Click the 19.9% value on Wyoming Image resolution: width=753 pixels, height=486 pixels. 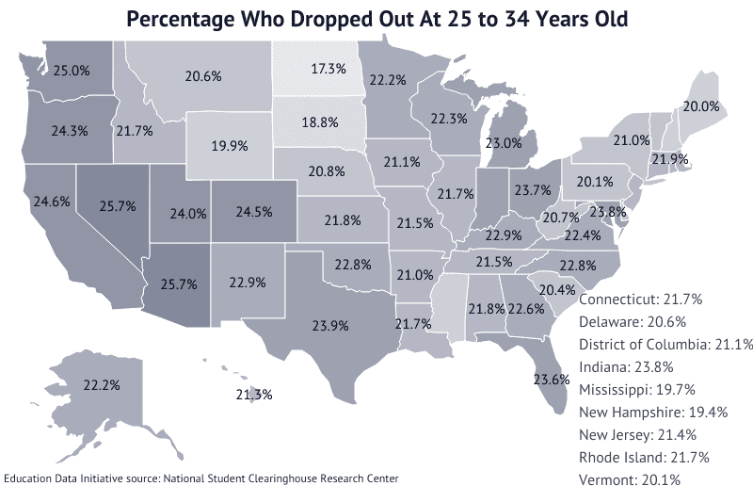pyautogui.click(x=231, y=146)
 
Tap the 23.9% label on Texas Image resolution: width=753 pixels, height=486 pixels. pyautogui.click(x=329, y=325)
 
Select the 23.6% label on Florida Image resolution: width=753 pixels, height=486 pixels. pyautogui.click(x=552, y=380)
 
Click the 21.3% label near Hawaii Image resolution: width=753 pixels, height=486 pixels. pyautogui.click(x=253, y=394)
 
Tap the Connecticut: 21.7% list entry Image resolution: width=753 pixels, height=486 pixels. pyautogui.click(x=641, y=299)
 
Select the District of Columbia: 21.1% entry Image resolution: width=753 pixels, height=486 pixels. pyautogui.click(x=665, y=344)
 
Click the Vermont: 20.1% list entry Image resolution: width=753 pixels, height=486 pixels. pyautogui.click(x=628, y=479)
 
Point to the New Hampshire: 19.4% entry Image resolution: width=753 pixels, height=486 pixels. pyautogui.click(x=653, y=412)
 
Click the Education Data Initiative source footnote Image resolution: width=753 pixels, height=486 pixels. pyautogui.click(x=201, y=478)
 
